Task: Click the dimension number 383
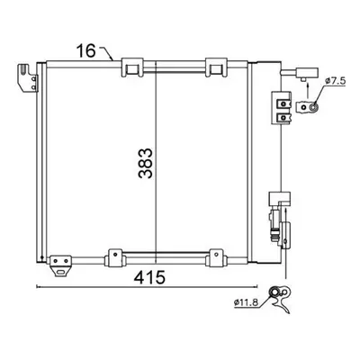coord(146,163)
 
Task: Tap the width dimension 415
coord(149,277)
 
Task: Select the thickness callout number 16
coord(85,50)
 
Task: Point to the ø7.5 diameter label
coord(336,81)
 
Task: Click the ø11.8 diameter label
coord(246,302)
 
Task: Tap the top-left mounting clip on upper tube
coord(131,67)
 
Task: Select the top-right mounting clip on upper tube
coord(215,67)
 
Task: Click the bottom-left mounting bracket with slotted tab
coord(60,265)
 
